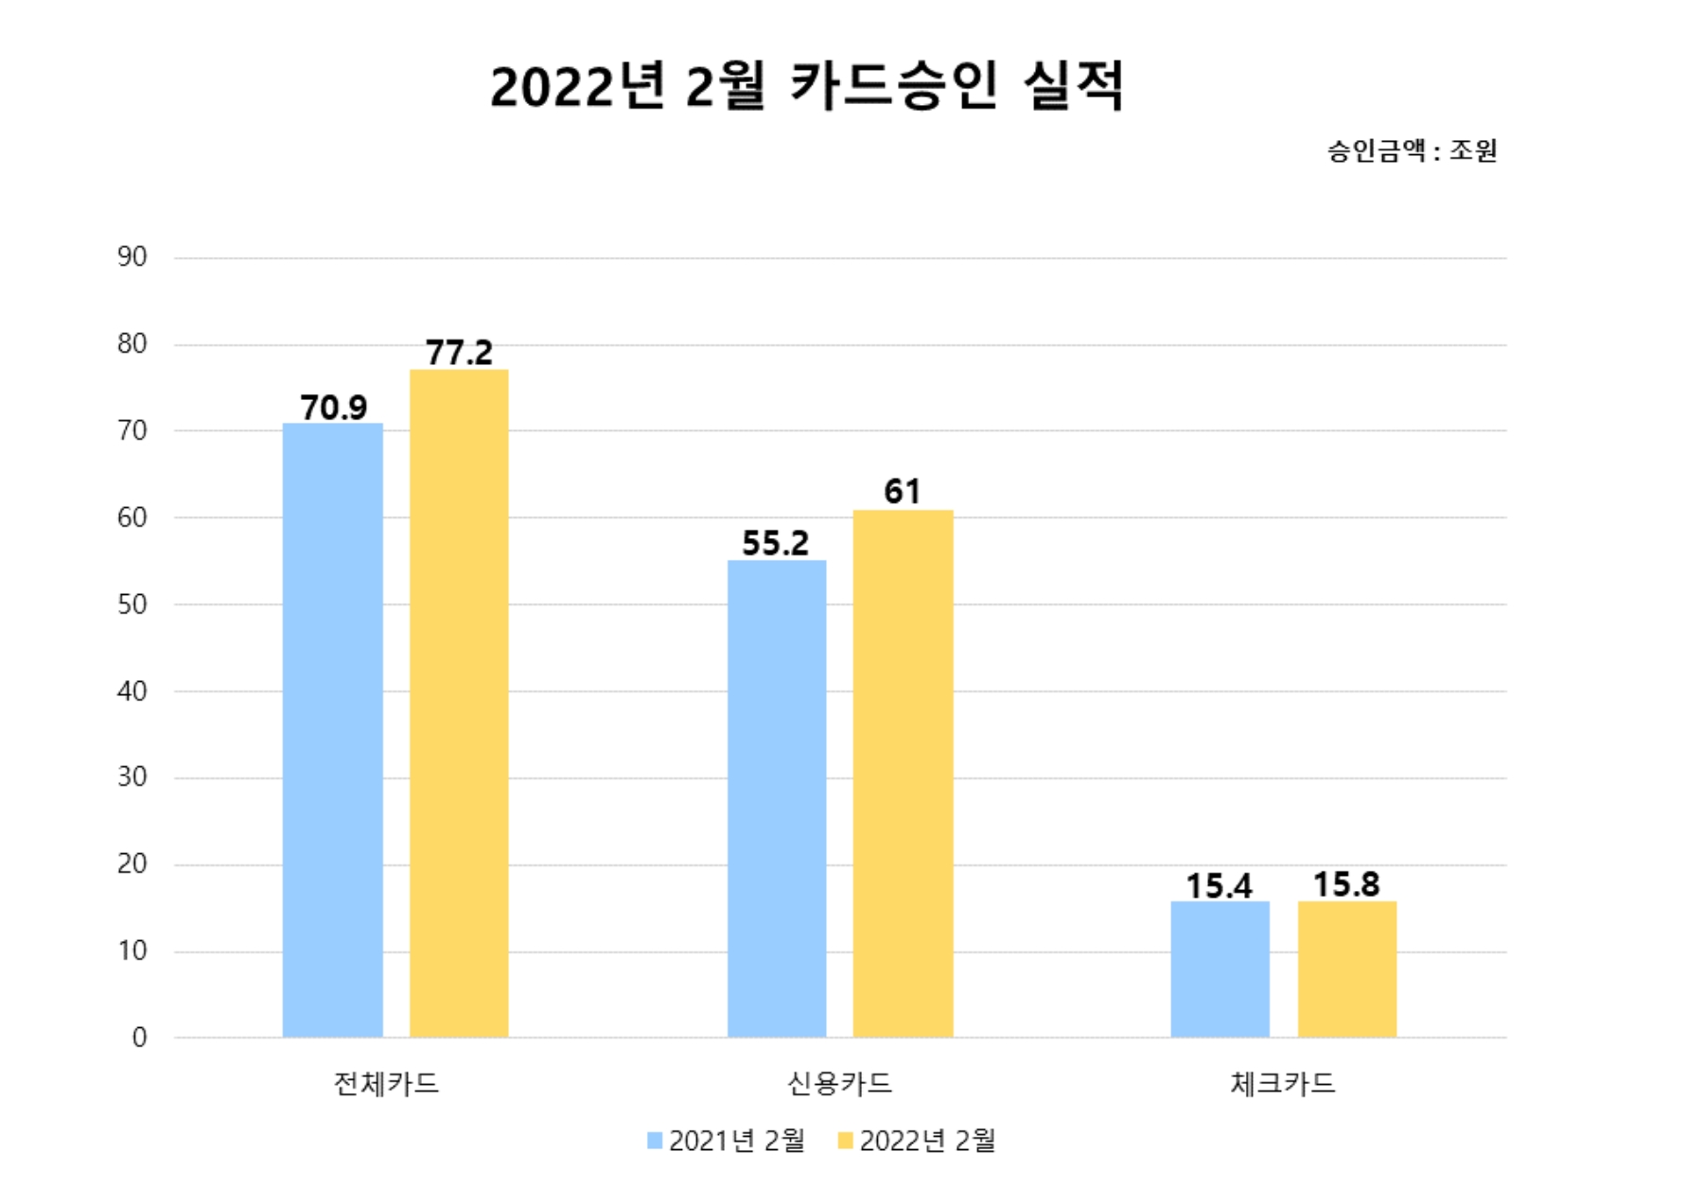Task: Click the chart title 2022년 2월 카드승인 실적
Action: (x=806, y=87)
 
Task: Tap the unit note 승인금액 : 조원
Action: (x=1411, y=150)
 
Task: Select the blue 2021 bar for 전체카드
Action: (x=333, y=729)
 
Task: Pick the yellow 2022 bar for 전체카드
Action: (x=459, y=703)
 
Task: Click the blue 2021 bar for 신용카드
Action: (x=777, y=798)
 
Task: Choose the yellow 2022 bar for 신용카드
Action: (x=903, y=773)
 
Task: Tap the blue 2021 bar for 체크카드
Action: (x=1220, y=968)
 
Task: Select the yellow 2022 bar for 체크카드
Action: (x=1346, y=968)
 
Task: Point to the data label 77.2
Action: (x=459, y=353)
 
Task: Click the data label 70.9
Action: (x=333, y=408)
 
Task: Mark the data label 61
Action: (x=902, y=492)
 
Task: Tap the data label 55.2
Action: (x=775, y=543)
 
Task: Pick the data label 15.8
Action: (x=1346, y=884)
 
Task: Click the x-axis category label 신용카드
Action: (x=839, y=1083)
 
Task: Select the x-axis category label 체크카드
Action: (x=1282, y=1083)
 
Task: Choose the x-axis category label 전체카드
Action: (x=386, y=1083)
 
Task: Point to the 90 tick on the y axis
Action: (x=132, y=257)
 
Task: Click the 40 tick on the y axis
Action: (x=132, y=691)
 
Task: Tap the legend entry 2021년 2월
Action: (x=727, y=1141)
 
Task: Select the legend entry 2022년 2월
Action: (x=917, y=1141)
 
